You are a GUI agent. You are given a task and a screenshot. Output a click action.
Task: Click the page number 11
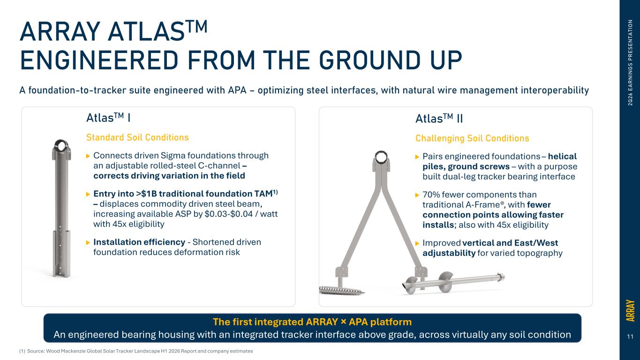pyautogui.click(x=630, y=337)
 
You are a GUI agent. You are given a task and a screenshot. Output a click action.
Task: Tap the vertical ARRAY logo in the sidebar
pyautogui.click(x=630, y=311)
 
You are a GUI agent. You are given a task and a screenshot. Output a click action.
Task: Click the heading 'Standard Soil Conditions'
pyautogui.click(x=137, y=137)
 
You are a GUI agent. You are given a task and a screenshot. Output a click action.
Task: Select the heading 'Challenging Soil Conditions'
pyautogui.click(x=472, y=138)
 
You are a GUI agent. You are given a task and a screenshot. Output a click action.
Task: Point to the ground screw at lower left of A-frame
pyautogui.click(x=342, y=290)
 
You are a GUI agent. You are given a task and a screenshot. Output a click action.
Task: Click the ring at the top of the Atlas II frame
pyautogui.click(x=381, y=157)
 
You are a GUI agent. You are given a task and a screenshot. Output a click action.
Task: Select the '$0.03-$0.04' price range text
pyautogui.click(x=229, y=214)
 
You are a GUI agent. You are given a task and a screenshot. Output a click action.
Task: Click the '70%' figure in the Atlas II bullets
pyautogui.click(x=431, y=195)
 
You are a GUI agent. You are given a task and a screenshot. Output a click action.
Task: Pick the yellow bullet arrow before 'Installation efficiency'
pyautogui.click(x=88, y=242)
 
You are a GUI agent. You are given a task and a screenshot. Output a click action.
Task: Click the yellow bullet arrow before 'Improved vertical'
pyautogui.click(x=417, y=243)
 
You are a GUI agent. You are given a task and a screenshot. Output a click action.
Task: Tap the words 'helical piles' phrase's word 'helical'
pyautogui.click(x=562, y=157)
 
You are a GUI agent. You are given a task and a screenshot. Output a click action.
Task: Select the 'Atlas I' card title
pyautogui.click(x=109, y=118)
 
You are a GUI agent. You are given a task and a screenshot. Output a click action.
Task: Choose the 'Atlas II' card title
pyautogui.click(x=439, y=118)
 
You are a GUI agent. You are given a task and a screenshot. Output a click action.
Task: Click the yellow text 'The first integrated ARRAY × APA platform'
pyautogui.click(x=312, y=322)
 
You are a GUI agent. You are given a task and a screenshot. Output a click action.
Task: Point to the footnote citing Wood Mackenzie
pyautogui.click(x=136, y=351)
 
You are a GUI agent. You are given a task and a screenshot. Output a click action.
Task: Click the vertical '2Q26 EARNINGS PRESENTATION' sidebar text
pyautogui.click(x=630, y=63)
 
